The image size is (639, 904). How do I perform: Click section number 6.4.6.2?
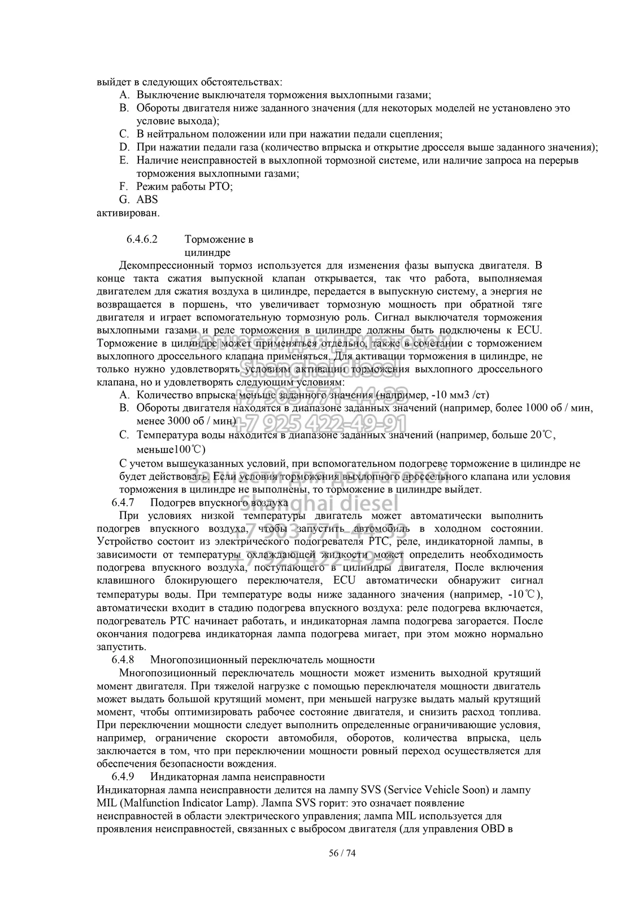(141, 239)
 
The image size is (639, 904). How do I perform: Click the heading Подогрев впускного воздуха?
(219, 502)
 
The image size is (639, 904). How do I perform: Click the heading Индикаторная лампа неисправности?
(237, 776)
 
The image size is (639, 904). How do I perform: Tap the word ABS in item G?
(147, 199)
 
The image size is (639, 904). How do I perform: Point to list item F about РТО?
(184, 186)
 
